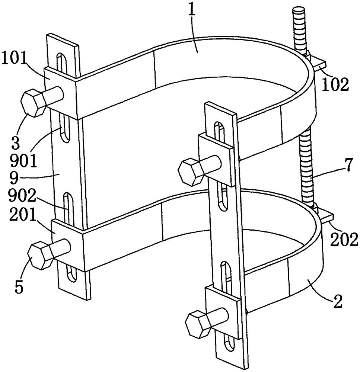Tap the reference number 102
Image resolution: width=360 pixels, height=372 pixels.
tap(335, 84)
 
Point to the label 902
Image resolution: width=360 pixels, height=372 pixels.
tap(22, 196)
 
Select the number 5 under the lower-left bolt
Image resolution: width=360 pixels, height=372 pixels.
tap(19, 287)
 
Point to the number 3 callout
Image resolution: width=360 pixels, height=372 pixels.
tap(16, 142)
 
